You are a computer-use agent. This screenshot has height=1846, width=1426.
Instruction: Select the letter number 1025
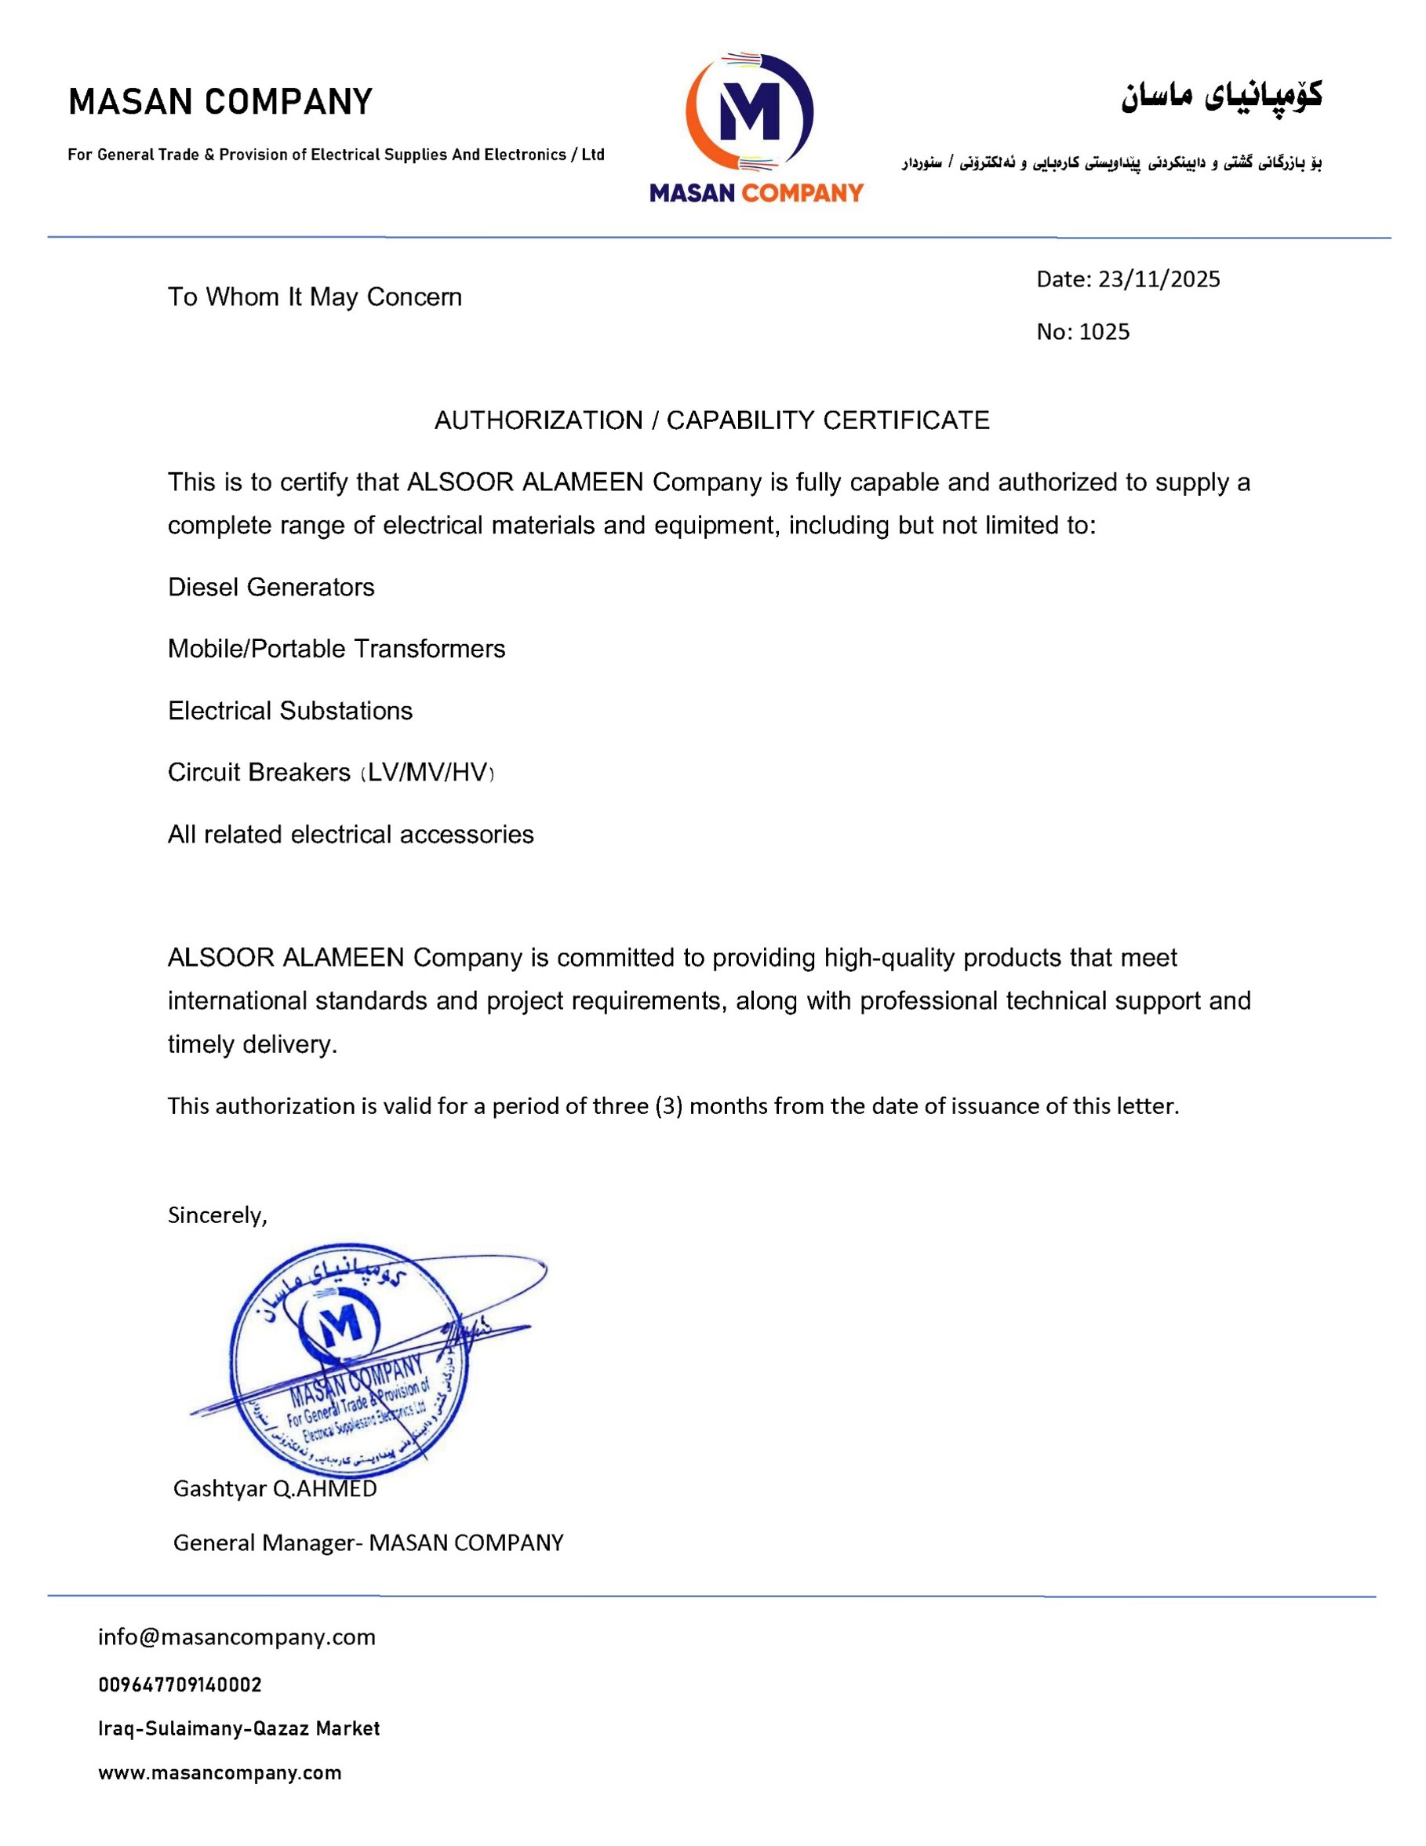(x=1104, y=331)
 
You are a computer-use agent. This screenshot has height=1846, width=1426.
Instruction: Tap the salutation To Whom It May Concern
(x=315, y=297)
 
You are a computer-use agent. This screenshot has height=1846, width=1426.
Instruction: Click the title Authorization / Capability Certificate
(x=711, y=420)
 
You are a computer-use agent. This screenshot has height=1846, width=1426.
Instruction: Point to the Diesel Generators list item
(x=271, y=588)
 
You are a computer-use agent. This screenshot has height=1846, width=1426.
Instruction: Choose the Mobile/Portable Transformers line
(x=336, y=649)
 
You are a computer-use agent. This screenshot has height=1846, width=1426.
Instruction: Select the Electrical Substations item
(x=290, y=711)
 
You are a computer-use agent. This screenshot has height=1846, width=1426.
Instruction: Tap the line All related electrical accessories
(x=351, y=835)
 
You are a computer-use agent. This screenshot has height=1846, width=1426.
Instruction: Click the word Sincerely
(x=217, y=1215)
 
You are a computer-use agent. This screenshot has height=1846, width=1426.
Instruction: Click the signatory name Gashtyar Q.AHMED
(x=275, y=1488)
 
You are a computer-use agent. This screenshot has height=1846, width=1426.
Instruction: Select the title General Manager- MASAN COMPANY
(x=368, y=1542)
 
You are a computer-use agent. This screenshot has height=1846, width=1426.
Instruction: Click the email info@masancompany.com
(x=237, y=1637)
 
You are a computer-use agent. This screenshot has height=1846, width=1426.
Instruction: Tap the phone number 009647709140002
(x=180, y=1684)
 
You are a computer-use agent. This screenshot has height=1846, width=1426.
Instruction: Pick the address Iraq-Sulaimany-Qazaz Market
(x=239, y=1728)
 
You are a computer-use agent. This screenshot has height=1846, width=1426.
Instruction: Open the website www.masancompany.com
(x=220, y=1773)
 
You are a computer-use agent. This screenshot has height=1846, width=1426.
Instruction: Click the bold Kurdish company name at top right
(x=1221, y=97)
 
